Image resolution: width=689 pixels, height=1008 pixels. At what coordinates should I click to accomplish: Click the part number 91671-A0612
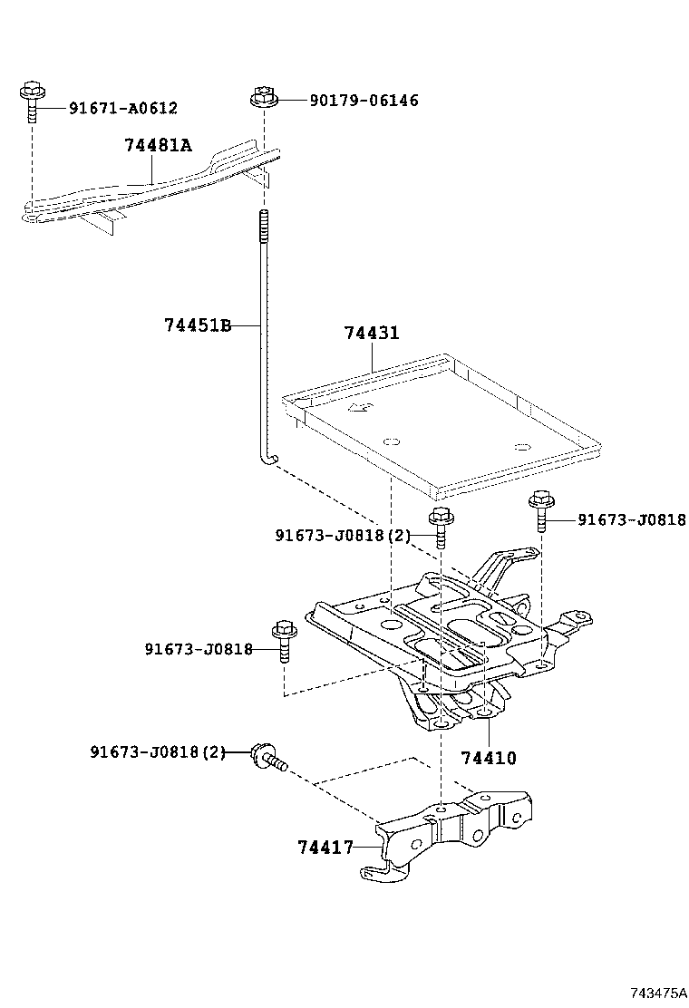tap(123, 108)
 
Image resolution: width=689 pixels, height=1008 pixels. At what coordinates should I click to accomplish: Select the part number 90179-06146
tap(364, 100)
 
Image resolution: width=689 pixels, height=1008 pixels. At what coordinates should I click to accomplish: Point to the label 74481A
tap(158, 145)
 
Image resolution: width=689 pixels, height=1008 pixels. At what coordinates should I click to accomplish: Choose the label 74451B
tap(199, 325)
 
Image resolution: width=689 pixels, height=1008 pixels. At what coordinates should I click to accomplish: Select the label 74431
tap(371, 333)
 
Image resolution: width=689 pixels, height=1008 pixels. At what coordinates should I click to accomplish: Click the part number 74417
tap(325, 848)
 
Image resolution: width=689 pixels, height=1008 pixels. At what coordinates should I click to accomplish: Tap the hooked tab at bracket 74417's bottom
tap(381, 872)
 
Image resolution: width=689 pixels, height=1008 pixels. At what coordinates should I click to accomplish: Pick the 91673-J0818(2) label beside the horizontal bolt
tap(158, 751)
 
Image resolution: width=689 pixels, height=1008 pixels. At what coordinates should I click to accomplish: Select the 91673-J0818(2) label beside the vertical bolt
tap(343, 535)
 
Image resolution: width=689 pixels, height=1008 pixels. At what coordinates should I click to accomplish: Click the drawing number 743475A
tap(659, 992)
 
